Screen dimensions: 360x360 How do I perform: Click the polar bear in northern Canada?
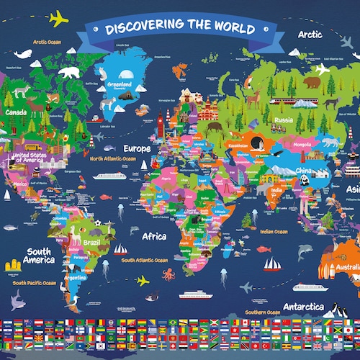[x=70, y=72]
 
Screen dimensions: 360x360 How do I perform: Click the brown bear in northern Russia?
[x=311, y=82]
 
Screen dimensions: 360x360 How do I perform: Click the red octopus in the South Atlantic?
[x=168, y=273]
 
